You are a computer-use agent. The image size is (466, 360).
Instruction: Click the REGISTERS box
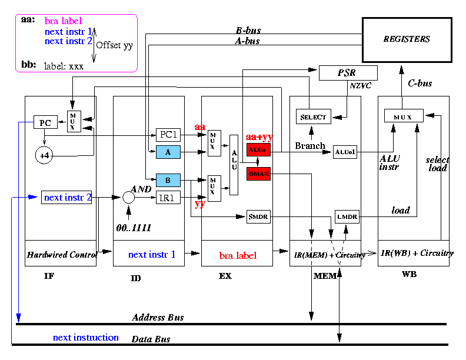tap(407, 39)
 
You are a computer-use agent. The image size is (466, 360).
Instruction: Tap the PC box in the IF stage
tap(45, 123)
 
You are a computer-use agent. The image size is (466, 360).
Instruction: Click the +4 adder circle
tap(44, 155)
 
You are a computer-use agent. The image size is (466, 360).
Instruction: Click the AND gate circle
tap(129, 198)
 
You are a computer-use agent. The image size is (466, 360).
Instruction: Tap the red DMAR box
tap(258, 174)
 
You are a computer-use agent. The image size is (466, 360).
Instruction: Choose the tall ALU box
tap(234, 164)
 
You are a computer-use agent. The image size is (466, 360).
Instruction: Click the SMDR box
tap(258, 217)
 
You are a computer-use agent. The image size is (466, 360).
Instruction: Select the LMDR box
tap(347, 217)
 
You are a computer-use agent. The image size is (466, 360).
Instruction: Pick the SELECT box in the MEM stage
tap(313, 116)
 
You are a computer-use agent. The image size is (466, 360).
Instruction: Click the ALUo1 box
tap(345, 152)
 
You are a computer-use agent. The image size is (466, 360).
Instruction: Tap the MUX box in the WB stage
tap(404, 116)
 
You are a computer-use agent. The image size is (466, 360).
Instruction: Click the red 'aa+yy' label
tap(259, 138)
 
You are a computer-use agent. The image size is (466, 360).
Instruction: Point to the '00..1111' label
tap(135, 228)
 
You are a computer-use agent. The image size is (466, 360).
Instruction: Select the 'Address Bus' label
tap(158, 318)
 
